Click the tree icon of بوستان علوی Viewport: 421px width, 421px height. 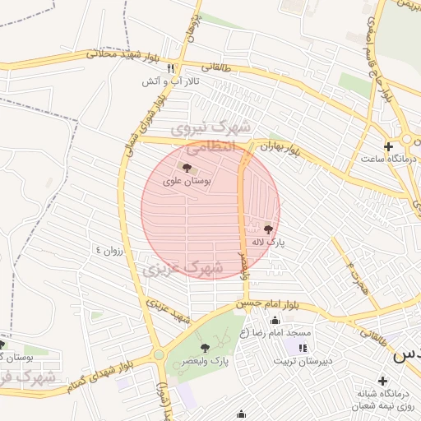[182, 168]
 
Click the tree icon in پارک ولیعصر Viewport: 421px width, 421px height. [205, 348]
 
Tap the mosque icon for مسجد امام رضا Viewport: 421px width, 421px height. [275, 320]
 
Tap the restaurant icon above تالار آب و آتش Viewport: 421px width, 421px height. [171, 69]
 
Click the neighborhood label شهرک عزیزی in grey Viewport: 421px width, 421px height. [183, 269]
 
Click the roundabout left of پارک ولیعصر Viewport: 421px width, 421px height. [157, 355]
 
